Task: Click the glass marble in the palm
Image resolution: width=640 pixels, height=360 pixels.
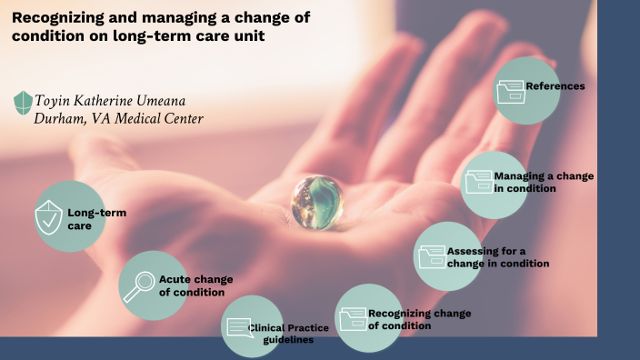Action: coord(317,201)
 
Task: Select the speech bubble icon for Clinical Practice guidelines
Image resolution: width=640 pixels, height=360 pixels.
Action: coord(238,327)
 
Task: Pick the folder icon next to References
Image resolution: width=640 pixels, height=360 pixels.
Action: coord(510,89)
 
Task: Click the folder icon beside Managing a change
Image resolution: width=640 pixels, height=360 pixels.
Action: coord(477,181)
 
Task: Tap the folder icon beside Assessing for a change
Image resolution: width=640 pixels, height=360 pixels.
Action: coord(432,256)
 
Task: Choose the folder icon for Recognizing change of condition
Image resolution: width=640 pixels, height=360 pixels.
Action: coord(352,319)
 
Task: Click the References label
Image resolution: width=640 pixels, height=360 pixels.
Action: coord(555,86)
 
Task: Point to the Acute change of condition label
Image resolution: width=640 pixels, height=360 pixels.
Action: coord(195,285)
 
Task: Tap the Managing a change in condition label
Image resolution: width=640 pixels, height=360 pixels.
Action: coord(543,182)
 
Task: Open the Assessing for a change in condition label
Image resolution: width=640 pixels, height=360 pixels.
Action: coord(497,257)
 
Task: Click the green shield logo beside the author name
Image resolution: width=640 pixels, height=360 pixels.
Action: coord(22,102)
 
